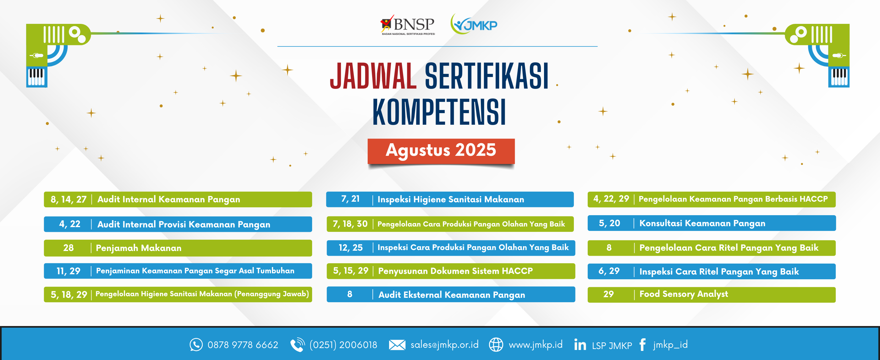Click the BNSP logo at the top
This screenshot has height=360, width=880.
[408, 25]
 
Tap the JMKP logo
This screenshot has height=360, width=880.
[474, 24]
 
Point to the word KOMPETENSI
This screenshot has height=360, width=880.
[439, 112]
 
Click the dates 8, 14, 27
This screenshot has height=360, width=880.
[69, 199]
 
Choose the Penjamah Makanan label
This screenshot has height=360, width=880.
[139, 248]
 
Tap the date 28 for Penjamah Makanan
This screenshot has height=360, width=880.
[68, 248]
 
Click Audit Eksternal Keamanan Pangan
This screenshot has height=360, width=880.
[452, 295]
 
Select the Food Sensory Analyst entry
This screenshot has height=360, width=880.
[684, 294]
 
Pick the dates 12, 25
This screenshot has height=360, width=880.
[350, 248]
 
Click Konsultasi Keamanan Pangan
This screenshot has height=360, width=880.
[702, 223]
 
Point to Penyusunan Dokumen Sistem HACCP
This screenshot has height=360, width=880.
[455, 271]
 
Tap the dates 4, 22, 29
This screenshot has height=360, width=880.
[611, 199]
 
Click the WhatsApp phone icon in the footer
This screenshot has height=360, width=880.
[196, 345]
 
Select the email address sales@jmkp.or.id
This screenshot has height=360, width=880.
[444, 345]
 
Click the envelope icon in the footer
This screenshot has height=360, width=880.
[397, 345]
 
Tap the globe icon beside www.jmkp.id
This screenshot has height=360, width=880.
[496, 345]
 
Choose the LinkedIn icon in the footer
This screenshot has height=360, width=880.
[580, 345]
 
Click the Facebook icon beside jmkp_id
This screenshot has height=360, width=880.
[642, 345]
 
